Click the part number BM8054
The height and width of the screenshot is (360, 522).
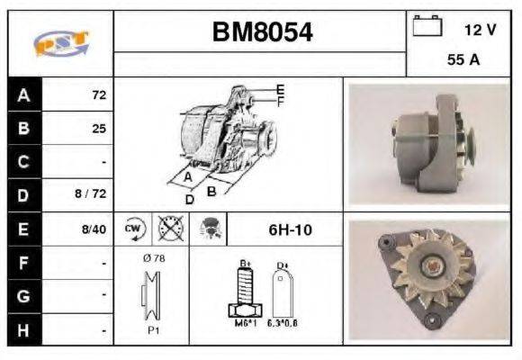pyautogui.click(x=262, y=33)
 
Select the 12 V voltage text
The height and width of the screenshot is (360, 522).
pyautogui.click(x=479, y=30)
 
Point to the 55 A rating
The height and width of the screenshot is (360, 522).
pyautogui.click(x=462, y=62)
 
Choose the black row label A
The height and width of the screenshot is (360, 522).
pyautogui.click(x=23, y=94)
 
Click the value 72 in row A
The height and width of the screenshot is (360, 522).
pyautogui.click(x=99, y=94)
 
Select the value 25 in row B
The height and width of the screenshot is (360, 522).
pyautogui.click(x=99, y=129)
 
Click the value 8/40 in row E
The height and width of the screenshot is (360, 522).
pyautogui.click(x=94, y=229)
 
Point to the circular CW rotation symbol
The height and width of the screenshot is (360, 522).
pyautogui.click(x=133, y=229)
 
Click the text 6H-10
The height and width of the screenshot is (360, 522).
pyautogui.click(x=290, y=230)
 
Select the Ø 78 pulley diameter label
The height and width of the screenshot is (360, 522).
pyautogui.click(x=152, y=259)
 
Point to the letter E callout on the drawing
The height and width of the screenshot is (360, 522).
pyautogui.click(x=280, y=88)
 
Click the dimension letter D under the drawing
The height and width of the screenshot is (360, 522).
pyautogui.click(x=190, y=200)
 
